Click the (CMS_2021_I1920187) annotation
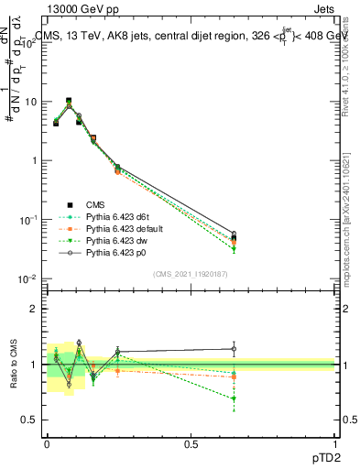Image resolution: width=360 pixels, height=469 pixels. coord(191,273)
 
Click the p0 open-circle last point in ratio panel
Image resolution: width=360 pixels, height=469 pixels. coord(235,348)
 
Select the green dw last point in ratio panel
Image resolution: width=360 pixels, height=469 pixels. coord(235,398)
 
